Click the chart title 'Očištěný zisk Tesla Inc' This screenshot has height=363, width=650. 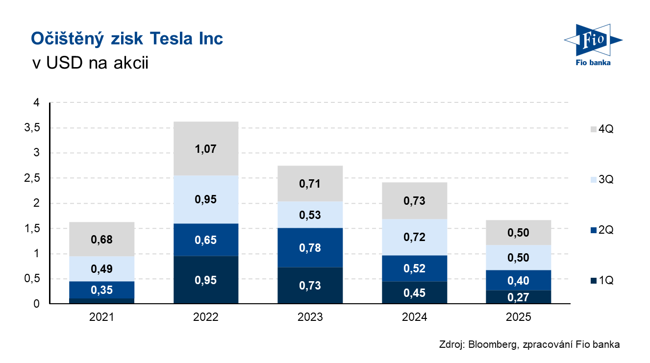pyautogui.click(x=127, y=39)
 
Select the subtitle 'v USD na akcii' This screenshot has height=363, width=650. pyautogui.click(x=89, y=63)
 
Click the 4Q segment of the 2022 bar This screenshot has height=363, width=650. pyautogui.click(x=206, y=148)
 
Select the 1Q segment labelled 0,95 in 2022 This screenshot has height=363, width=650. pyautogui.click(x=206, y=280)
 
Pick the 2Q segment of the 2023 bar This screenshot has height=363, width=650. pyautogui.click(x=310, y=247)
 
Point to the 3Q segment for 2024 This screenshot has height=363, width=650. pyautogui.click(x=414, y=237)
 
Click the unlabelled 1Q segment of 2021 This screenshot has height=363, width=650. pyautogui.click(x=102, y=301)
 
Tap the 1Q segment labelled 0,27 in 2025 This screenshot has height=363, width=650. pyautogui.click(x=519, y=297)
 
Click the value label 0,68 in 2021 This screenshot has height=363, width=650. pyautogui.click(x=102, y=240)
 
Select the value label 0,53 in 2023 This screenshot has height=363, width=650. pyautogui.click(x=310, y=215)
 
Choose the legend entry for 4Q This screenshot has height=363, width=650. pyautogui.click(x=602, y=129)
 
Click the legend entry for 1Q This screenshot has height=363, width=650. pyautogui.click(x=602, y=281)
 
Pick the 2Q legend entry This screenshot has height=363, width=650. pyautogui.click(x=602, y=230)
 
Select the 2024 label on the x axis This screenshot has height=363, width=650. pyautogui.click(x=414, y=317)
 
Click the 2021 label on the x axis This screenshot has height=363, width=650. pyautogui.click(x=102, y=317)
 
